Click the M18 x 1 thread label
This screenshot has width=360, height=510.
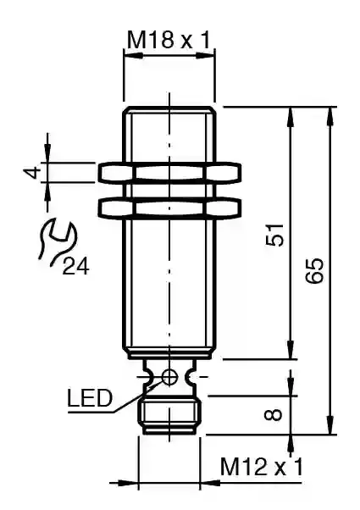click(x=169, y=40)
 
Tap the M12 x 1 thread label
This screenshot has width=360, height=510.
click(x=262, y=467)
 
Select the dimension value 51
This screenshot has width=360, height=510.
click(x=275, y=235)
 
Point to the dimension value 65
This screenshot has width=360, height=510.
click(x=315, y=271)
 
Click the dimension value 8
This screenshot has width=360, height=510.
click(x=274, y=415)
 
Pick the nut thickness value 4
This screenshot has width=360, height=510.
click(x=32, y=172)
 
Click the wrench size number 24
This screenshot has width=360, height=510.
click(x=75, y=267)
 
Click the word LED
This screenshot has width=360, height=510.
click(x=90, y=398)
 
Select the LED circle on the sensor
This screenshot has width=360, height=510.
click(x=169, y=377)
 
